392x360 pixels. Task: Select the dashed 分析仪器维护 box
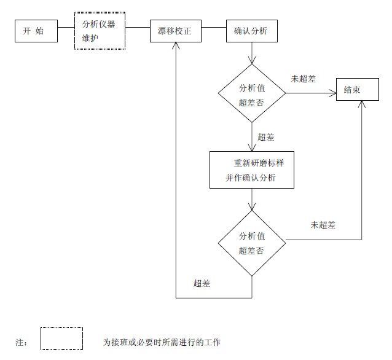99,31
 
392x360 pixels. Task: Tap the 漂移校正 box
175,31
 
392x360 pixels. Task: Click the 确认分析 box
251,31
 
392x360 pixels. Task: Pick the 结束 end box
352,90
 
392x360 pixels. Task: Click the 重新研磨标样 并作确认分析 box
252,170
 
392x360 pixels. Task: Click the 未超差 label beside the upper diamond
303,79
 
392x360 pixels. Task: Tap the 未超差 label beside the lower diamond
323,225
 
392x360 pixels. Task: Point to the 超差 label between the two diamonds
266,136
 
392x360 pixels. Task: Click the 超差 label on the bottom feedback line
202,283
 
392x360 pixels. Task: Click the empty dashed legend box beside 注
61,338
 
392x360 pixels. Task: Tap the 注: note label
22,342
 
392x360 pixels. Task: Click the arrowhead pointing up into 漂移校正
176,46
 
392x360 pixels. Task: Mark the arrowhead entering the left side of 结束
333,94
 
